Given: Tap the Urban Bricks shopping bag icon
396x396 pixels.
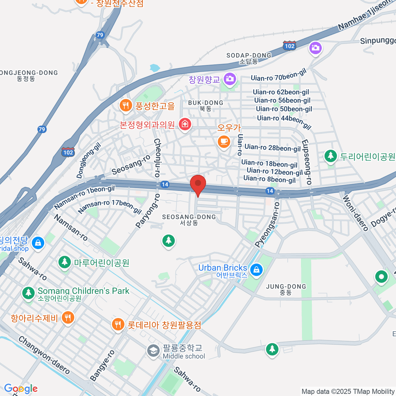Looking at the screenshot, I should tap(256, 270).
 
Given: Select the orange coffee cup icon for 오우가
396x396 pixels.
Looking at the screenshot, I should tap(224, 141).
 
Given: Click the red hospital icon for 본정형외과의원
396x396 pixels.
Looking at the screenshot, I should tap(185, 124).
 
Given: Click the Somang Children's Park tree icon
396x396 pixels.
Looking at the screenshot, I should tap(28, 293).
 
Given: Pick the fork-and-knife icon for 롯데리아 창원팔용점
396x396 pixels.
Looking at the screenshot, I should tap(118, 324).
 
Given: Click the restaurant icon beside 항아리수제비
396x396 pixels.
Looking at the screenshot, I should tap(68, 317).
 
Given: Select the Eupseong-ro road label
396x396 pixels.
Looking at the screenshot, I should tap(306, 162).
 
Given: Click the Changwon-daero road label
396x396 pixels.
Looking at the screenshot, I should tap(44, 355).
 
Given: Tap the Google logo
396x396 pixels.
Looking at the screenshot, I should tap(21, 388).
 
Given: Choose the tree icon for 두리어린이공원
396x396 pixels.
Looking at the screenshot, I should tap(330, 156).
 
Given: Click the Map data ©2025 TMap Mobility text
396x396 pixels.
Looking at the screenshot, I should tap(348, 392).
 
